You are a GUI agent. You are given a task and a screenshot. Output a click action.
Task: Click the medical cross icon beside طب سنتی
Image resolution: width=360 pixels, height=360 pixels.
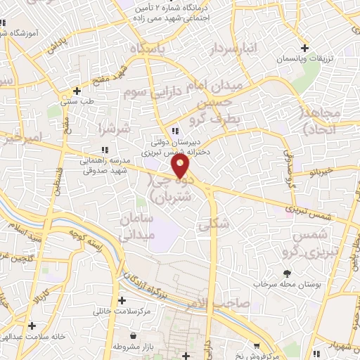[x=77, y=91]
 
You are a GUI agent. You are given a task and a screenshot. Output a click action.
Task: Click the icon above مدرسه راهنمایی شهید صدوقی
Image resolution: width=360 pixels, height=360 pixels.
[x=105, y=149]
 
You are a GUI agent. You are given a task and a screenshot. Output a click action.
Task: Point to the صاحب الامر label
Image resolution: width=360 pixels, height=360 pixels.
[x=224, y=303]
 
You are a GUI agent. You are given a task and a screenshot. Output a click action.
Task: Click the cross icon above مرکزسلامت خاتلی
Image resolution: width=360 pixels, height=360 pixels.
[x=122, y=299]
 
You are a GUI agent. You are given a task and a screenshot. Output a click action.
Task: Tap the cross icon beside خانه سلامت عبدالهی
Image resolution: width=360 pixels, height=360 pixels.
[x=32, y=326]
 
